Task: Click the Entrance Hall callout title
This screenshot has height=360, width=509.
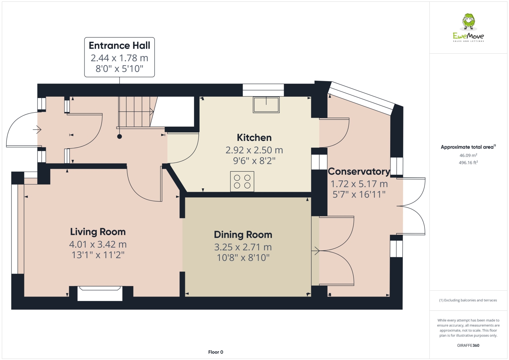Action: pos(119,45)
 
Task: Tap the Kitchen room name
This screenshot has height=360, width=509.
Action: pos(254,138)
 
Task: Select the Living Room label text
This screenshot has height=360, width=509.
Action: pos(98,232)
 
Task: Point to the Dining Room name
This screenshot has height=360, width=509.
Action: pos(243,235)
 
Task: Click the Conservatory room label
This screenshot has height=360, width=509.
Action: pos(359,172)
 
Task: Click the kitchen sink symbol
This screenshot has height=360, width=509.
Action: pos(266,105)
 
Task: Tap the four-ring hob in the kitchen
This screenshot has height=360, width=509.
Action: pos(242,182)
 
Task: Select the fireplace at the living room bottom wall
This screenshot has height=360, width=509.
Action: pos(100,293)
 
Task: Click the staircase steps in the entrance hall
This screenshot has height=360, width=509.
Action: pos(135,112)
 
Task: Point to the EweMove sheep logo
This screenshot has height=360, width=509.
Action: pos(469,22)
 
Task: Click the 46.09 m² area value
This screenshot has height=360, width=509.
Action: pos(468,155)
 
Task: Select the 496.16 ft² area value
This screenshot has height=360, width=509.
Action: pos(468,163)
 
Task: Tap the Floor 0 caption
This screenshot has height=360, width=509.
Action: pos(216,352)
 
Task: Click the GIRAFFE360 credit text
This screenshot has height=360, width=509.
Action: pos(468,345)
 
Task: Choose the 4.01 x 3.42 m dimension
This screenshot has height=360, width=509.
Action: pos(98,244)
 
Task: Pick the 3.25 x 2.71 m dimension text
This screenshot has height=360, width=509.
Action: pos(243,247)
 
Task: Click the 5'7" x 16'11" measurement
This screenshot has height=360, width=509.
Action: pos(359,194)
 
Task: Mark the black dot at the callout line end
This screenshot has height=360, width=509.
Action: pos(119,137)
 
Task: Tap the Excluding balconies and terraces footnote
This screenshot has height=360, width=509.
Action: pos(468,300)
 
